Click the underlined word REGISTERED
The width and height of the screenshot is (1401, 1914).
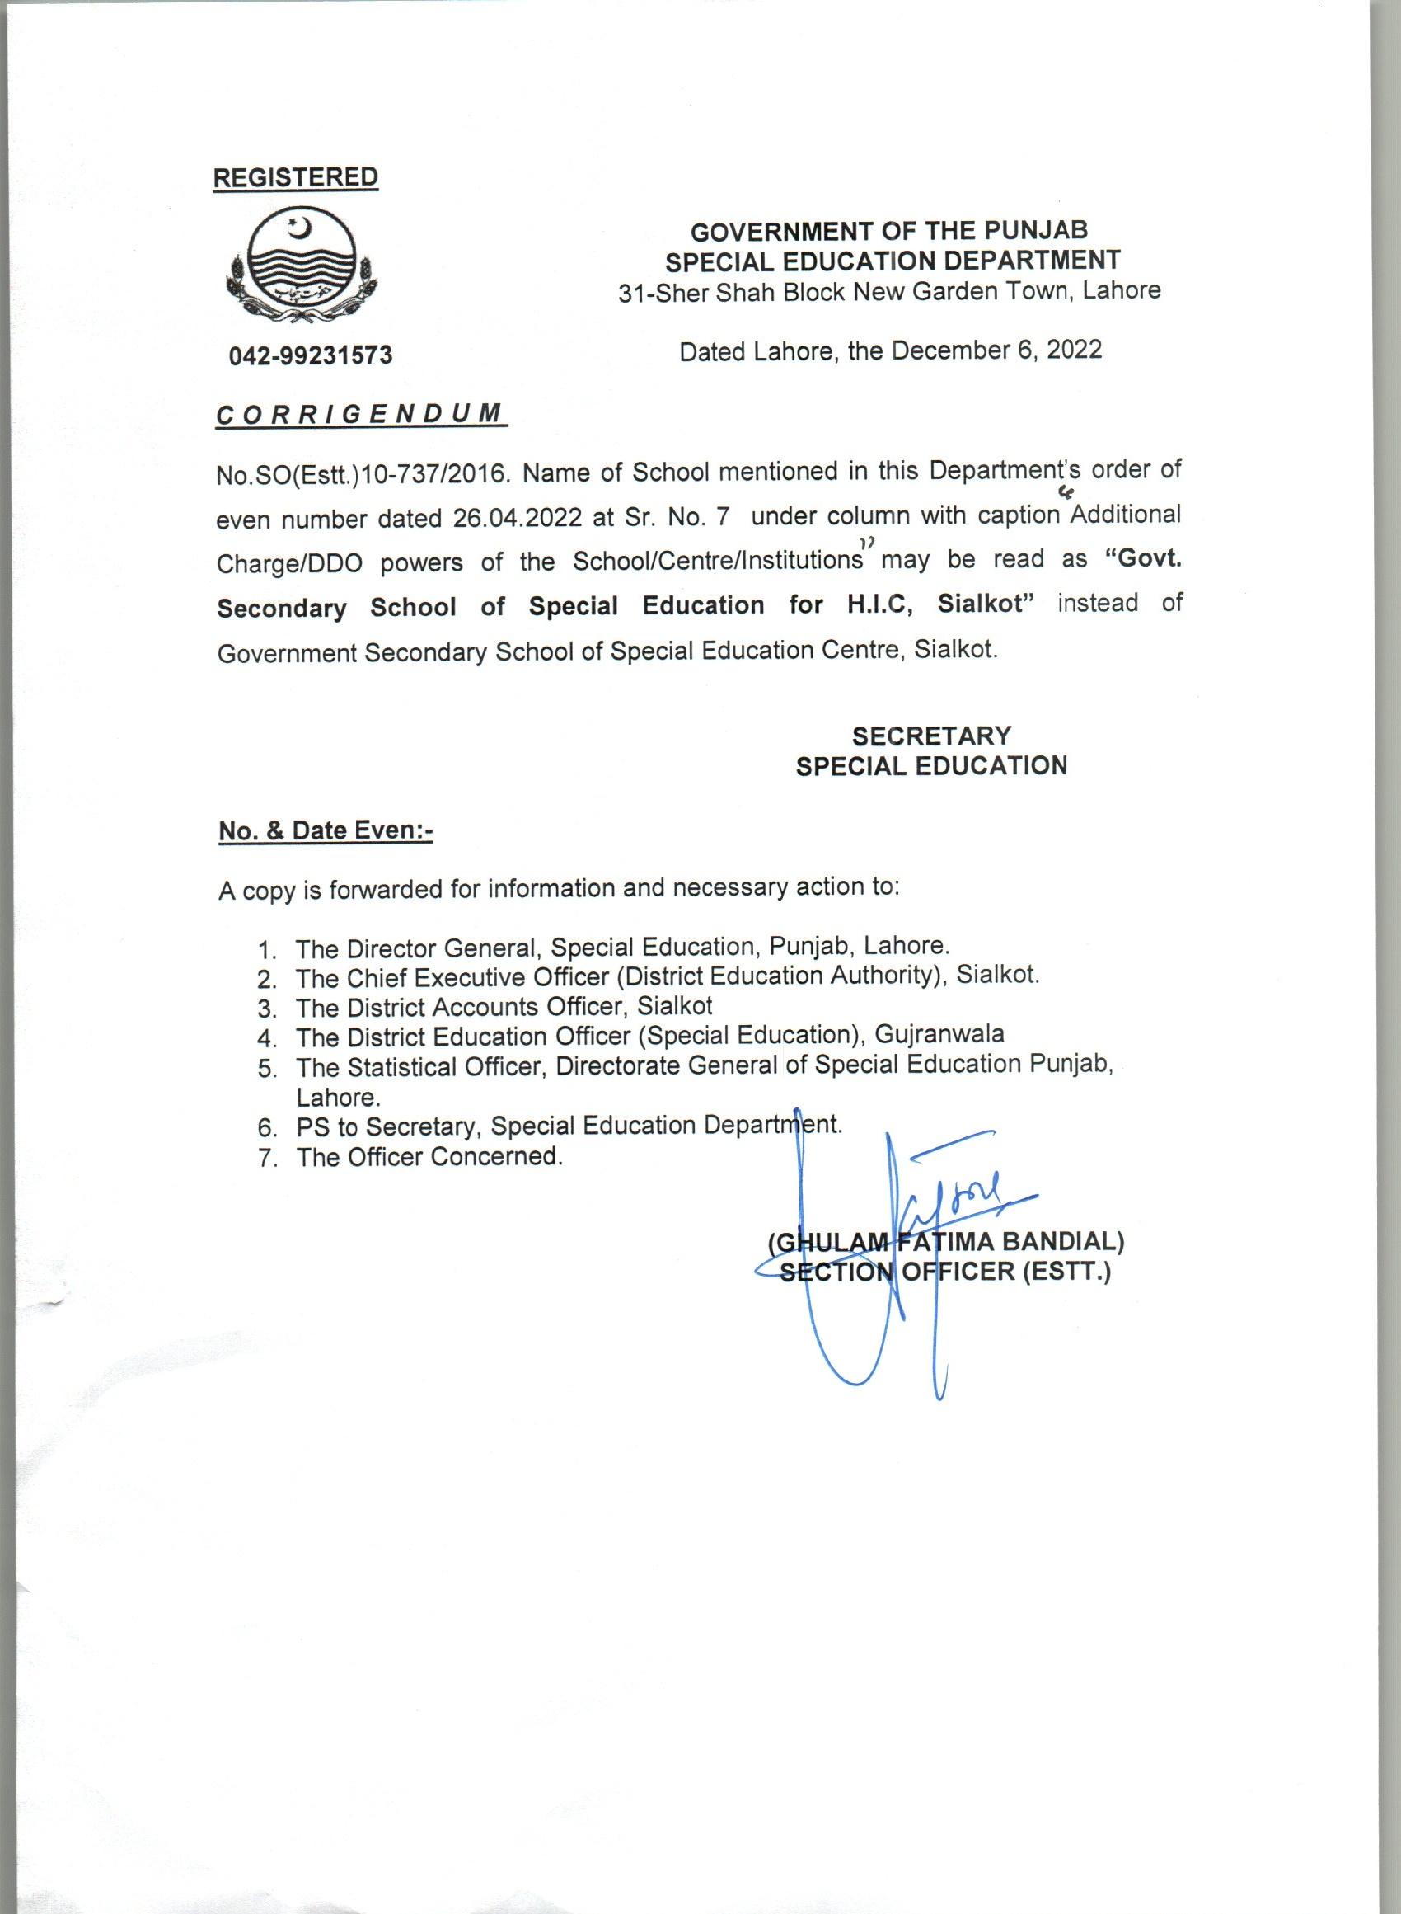pos(295,177)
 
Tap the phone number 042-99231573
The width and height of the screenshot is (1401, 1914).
pos(311,355)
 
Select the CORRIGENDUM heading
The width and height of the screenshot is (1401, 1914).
pos(360,415)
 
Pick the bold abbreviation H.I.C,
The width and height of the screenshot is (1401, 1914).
pos(881,605)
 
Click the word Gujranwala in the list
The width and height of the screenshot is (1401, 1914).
pos(939,1034)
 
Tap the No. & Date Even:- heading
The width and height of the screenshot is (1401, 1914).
pos(326,830)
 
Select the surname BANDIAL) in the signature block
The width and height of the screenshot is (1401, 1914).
pos(1063,1242)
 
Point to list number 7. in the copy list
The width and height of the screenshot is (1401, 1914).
pos(269,1158)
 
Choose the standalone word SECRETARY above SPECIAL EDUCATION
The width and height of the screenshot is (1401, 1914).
pos(931,735)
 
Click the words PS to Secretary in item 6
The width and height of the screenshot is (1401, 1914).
pos(389,1126)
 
